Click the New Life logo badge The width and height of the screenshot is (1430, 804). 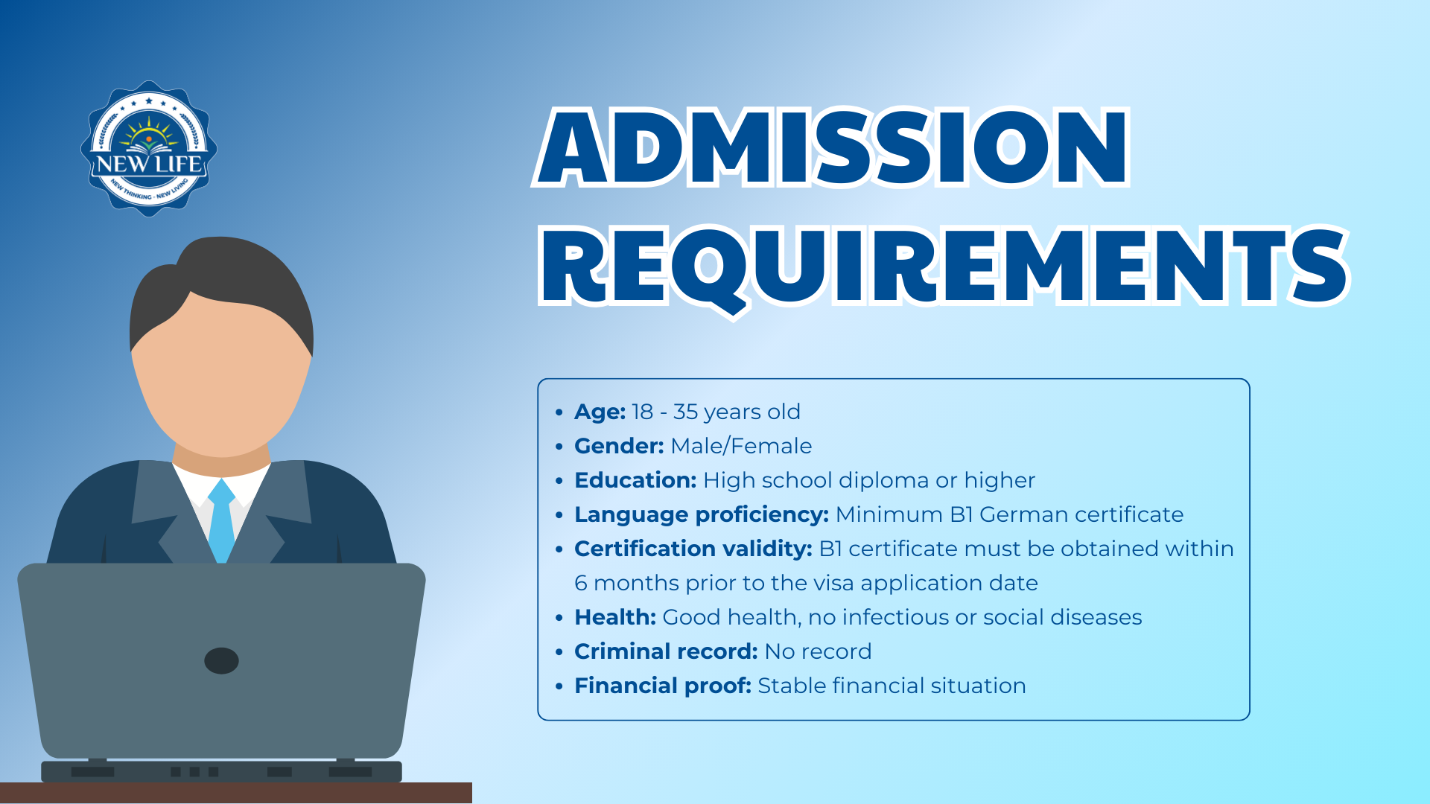pos(149,149)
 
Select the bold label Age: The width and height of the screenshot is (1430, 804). pos(600,412)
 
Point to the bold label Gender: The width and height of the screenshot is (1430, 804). pos(619,446)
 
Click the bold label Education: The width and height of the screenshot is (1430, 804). pos(635,480)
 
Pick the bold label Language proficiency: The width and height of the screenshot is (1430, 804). pos(702,514)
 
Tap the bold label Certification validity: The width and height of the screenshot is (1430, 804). pos(693,549)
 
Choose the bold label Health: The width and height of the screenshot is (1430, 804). pos(615,617)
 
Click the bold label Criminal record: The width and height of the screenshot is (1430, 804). pos(666,651)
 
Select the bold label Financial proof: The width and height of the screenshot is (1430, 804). pos(663,686)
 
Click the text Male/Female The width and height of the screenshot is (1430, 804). pos(741,446)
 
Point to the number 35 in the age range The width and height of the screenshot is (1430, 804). pos(685,412)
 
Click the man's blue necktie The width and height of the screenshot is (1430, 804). pos(221,520)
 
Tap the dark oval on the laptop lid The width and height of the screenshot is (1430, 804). pos(221,660)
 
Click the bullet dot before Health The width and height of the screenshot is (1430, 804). pos(559,618)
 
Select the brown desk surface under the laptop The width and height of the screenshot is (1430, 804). pos(236,793)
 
